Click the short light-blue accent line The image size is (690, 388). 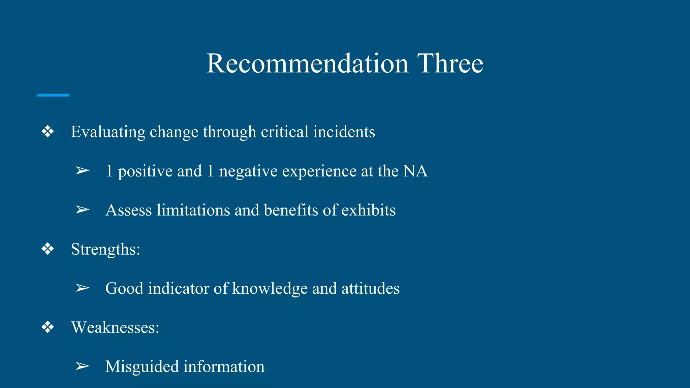(53, 95)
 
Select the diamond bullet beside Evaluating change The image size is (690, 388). (48, 131)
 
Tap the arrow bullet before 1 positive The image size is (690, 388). (82, 171)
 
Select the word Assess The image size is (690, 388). (129, 210)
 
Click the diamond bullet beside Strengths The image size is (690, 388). (48, 249)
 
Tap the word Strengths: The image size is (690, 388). (105, 250)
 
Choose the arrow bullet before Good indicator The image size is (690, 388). (82, 288)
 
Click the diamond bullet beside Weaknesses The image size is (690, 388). (48, 327)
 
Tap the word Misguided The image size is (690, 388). (142, 367)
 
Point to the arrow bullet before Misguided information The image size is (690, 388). (82, 366)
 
